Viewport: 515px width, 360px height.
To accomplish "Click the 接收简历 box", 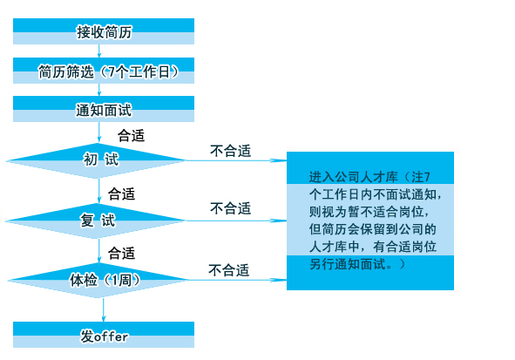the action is [x=104, y=31].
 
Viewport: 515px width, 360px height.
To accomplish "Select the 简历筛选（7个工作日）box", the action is [x=104, y=71].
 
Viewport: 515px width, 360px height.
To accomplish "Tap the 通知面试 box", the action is [x=104, y=109].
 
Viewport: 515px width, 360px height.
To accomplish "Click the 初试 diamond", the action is [x=97, y=160].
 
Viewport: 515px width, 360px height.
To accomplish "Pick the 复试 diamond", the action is [x=96, y=221].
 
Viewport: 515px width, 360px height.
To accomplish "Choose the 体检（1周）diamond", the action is [x=98, y=280].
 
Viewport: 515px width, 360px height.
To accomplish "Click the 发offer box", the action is [x=104, y=335].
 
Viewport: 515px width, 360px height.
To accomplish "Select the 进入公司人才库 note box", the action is [x=370, y=221].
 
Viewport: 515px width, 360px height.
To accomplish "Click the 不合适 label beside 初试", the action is [x=231, y=151].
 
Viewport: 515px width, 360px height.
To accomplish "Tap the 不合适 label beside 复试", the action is [x=231, y=208].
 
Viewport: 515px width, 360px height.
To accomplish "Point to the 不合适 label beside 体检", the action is [x=229, y=270].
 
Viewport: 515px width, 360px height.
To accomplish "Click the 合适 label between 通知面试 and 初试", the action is [x=131, y=136].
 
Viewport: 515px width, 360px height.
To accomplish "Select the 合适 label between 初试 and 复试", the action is [x=121, y=194].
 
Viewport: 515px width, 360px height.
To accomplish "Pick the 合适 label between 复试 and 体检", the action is [x=121, y=254].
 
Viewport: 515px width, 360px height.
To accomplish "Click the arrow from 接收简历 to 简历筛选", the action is [x=99, y=51].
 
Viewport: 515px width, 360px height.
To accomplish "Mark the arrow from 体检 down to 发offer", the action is [x=104, y=310].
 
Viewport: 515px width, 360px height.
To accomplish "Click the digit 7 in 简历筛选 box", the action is [x=112, y=71].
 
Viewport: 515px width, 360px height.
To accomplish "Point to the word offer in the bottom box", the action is [x=111, y=337].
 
